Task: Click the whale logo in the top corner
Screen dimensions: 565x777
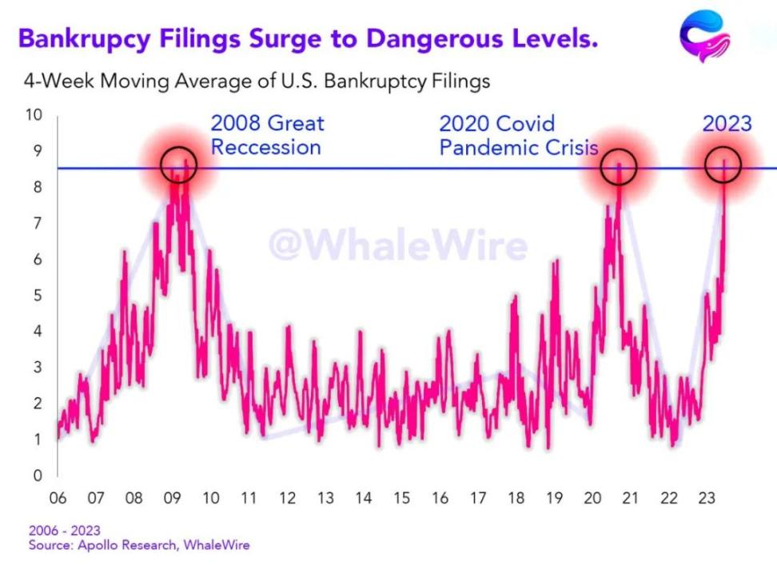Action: (x=703, y=36)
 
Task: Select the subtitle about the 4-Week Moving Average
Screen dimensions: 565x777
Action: (x=257, y=81)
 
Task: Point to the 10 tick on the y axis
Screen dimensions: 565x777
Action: (x=33, y=114)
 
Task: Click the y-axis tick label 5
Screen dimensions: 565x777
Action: (x=37, y=295)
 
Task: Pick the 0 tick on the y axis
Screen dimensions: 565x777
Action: (x=37, y=475)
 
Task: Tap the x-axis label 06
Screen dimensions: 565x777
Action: (x=58, y=499)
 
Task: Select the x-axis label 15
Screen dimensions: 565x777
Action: (x=401, y=499)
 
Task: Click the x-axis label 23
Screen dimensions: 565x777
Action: (x=707, y=499)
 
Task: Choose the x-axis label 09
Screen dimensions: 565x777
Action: (x=172, y=499)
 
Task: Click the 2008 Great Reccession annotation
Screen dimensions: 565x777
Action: (x=267, y=135)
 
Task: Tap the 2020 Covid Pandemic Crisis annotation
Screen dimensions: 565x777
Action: (x=519, y=135)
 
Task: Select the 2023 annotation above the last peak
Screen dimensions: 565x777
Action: (x=727, y=123)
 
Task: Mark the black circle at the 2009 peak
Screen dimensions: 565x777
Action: (x=178, y=165)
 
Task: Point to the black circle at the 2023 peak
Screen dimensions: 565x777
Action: (x=723, y=165)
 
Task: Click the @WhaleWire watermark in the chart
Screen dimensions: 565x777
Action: (x=397, y=245)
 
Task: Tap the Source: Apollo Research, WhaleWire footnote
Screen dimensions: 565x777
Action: (x=139, y=545)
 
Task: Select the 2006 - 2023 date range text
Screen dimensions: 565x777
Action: (x=65, y=531)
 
